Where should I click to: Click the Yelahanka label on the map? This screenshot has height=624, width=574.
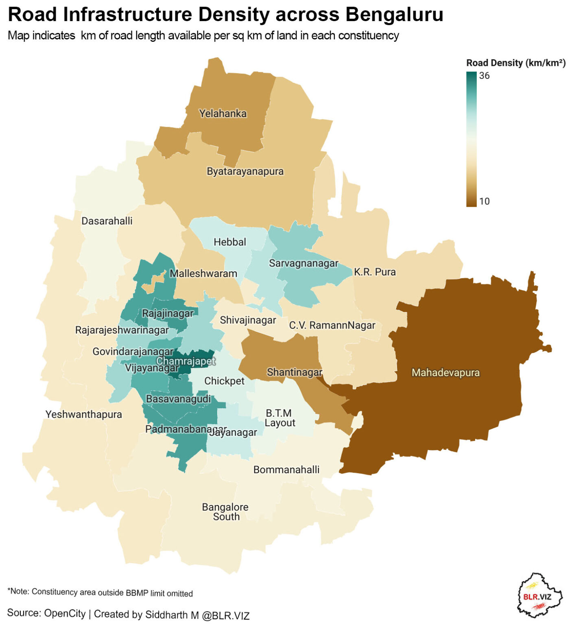[223, 113]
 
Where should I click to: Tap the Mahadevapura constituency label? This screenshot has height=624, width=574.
[445, 373]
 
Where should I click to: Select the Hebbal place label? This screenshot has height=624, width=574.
[230, 242]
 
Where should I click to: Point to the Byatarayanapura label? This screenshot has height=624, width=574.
[245, 171]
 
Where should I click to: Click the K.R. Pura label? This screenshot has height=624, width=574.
[375, 272]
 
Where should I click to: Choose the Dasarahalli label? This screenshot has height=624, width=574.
[107, 221]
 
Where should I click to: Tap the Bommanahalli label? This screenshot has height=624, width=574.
[286, 470]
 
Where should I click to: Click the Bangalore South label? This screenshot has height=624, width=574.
[225, 512]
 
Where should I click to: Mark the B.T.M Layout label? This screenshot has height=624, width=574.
[279, 418]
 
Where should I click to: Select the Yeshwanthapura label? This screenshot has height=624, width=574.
[83, 414]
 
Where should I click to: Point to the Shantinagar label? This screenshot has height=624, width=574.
[295, 372]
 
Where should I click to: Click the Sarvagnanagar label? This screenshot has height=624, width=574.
[303, 263]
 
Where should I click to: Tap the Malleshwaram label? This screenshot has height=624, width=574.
[203, 273]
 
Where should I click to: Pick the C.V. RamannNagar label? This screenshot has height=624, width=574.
[332, 325]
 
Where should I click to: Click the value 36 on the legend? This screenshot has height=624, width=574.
[484, 76]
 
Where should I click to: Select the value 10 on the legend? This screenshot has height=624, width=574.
[484, 201]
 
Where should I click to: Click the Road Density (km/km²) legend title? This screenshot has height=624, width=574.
[515, 63]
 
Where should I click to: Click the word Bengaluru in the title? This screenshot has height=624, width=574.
[394, 15]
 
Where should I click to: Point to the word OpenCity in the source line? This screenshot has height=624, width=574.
[65, 613]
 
